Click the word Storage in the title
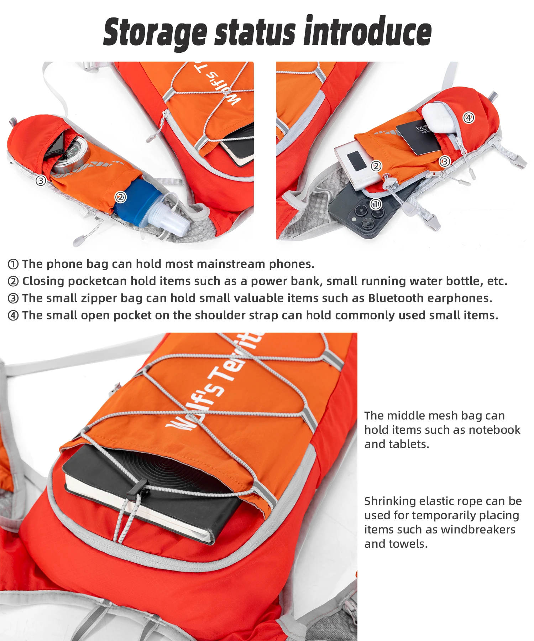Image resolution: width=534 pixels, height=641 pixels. click(155, 33)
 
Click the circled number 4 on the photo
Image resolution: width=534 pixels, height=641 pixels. click(468, 118)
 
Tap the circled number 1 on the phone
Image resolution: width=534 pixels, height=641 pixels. click(376, 204)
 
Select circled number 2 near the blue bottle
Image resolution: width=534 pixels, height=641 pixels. click(121, 197)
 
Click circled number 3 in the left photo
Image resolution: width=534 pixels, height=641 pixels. click(41, 181)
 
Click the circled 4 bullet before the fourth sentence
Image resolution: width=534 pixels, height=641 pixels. click(13, 316)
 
